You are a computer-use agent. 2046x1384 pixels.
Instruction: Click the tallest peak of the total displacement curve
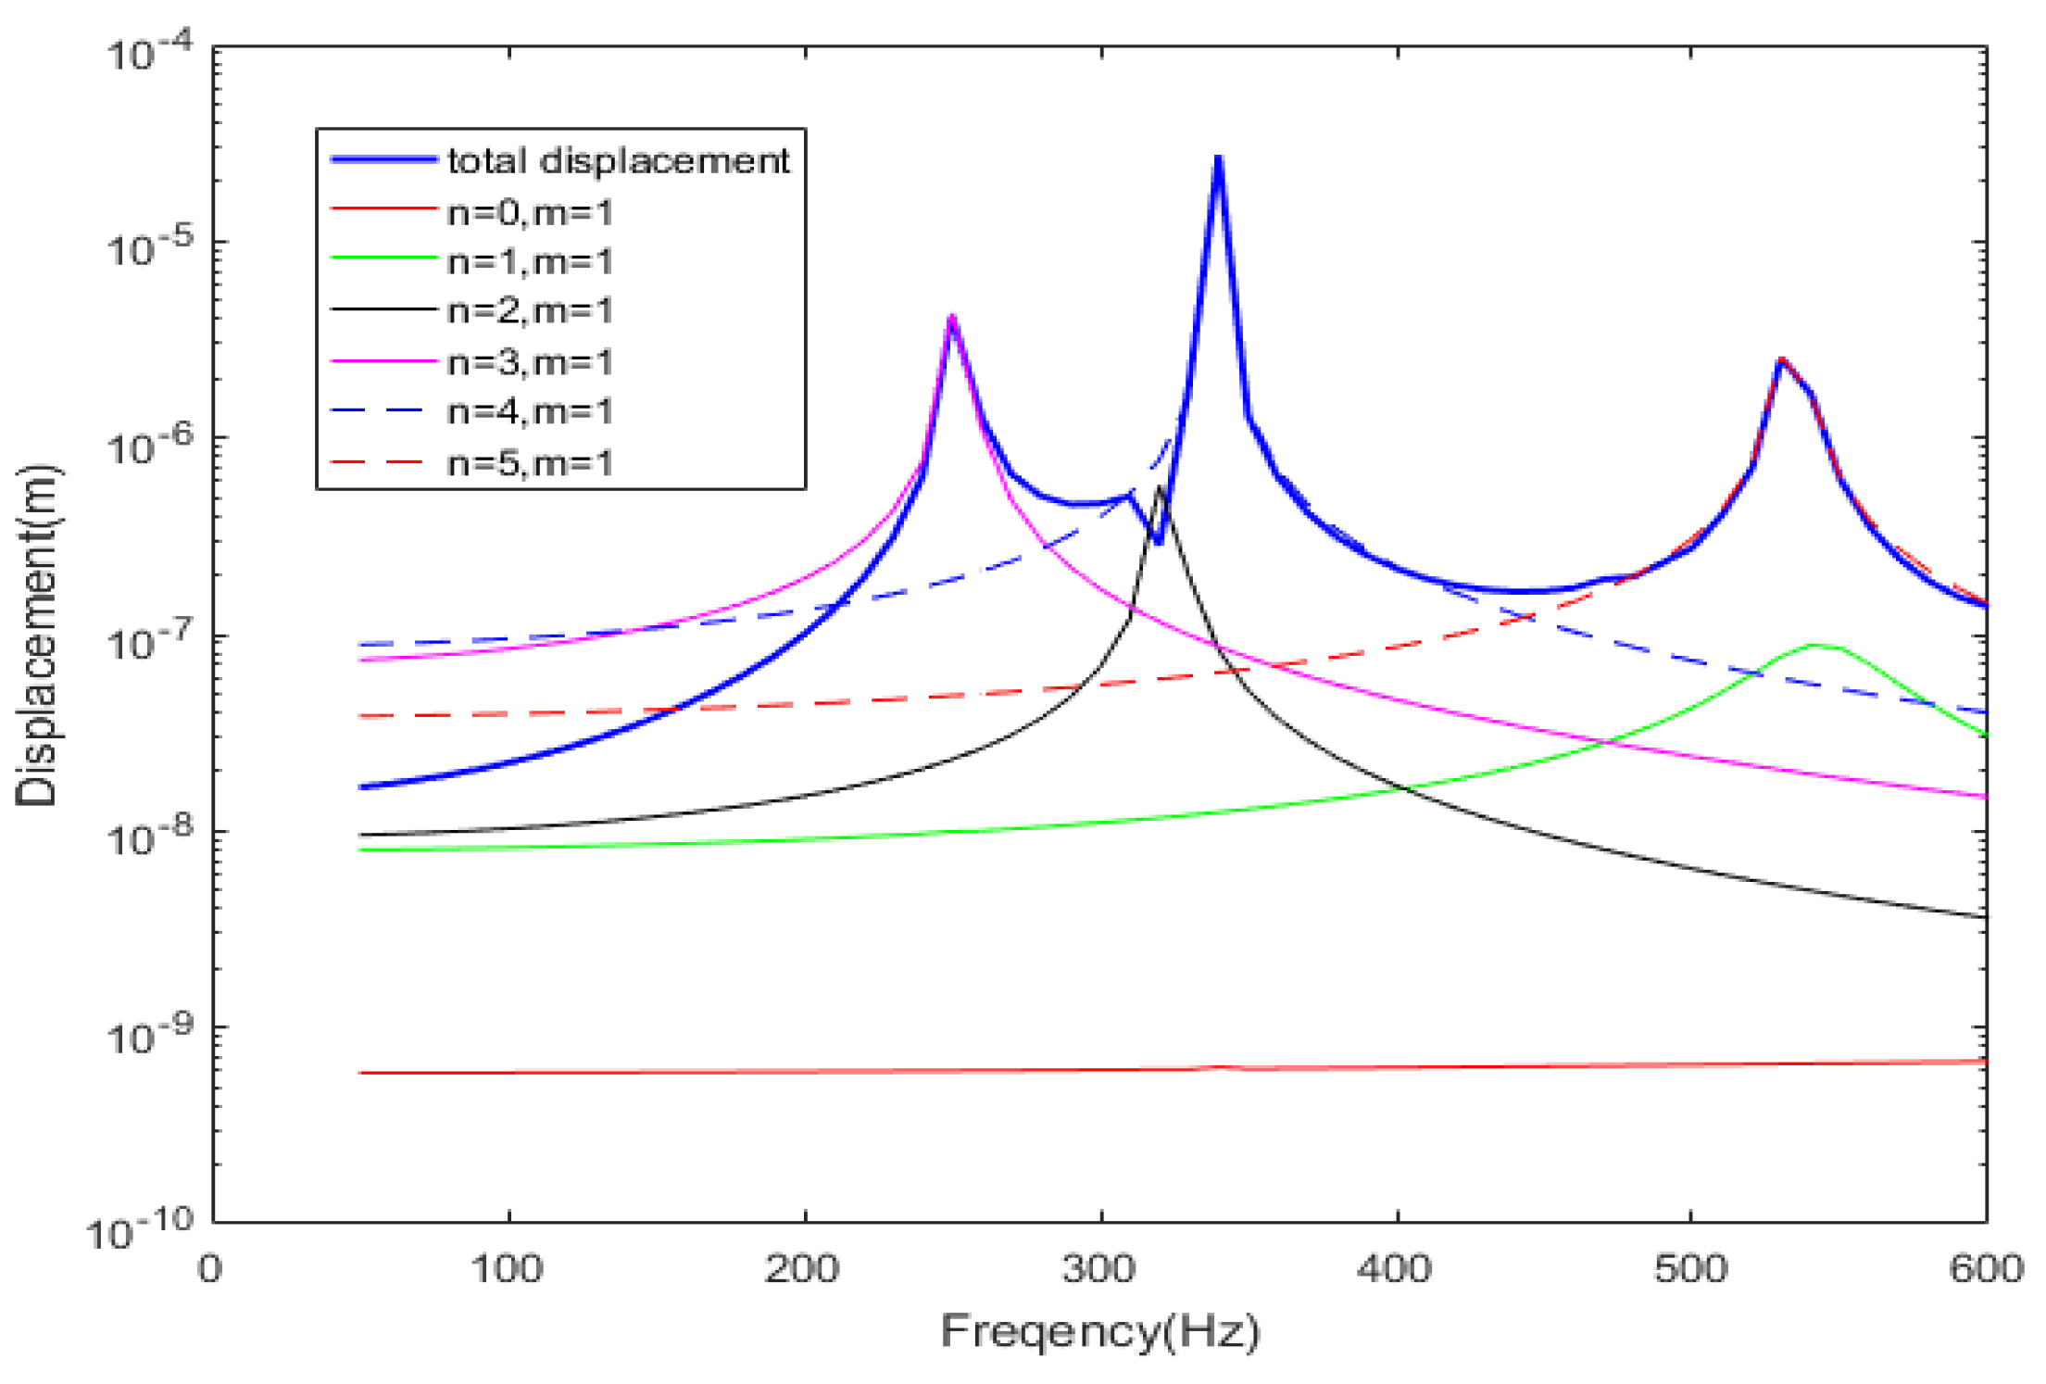1218,160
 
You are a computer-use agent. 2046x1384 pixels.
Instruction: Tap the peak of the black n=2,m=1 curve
1159,489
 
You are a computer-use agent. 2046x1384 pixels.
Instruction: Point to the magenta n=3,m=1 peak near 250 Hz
952,319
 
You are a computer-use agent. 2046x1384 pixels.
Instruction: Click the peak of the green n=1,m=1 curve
1814,645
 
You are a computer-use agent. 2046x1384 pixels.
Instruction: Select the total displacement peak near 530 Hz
1780,360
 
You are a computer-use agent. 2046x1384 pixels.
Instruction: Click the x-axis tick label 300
1099,1268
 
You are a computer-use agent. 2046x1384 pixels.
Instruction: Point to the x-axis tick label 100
507,1268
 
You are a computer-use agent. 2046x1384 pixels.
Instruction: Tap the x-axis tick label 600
1985,1268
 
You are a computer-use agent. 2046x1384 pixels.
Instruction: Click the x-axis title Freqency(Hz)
1100,1332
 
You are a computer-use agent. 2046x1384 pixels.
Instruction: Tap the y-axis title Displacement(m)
37,635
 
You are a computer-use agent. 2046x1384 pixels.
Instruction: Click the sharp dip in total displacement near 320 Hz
1158,541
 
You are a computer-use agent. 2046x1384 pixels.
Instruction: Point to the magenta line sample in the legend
383,360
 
